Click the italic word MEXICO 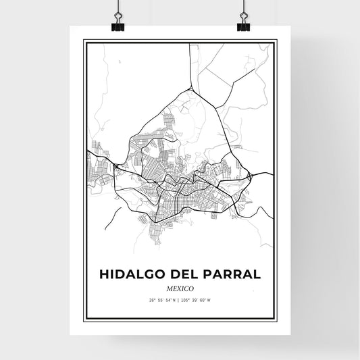180,288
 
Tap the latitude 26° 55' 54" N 163,301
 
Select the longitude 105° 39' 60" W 197,301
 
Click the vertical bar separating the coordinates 180,301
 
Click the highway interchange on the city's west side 118,166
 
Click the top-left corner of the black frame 84,41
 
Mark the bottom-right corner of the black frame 276,319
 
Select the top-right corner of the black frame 276,41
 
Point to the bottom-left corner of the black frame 84,319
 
